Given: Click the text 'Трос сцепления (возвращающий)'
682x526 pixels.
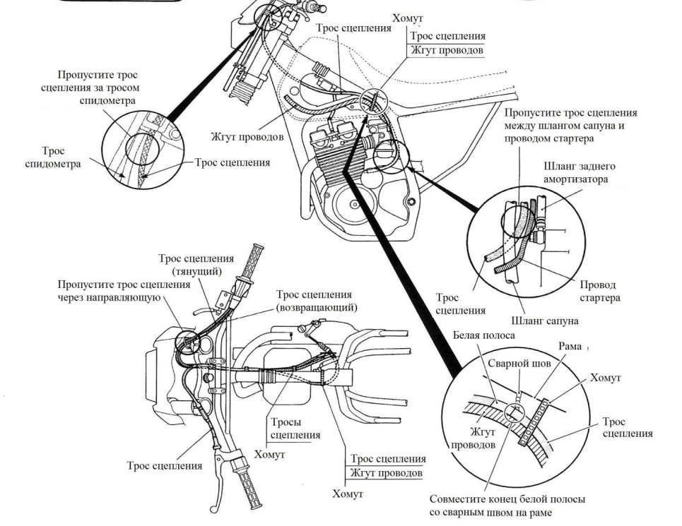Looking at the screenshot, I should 314,301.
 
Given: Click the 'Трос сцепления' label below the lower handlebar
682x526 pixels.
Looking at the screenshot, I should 164,465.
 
